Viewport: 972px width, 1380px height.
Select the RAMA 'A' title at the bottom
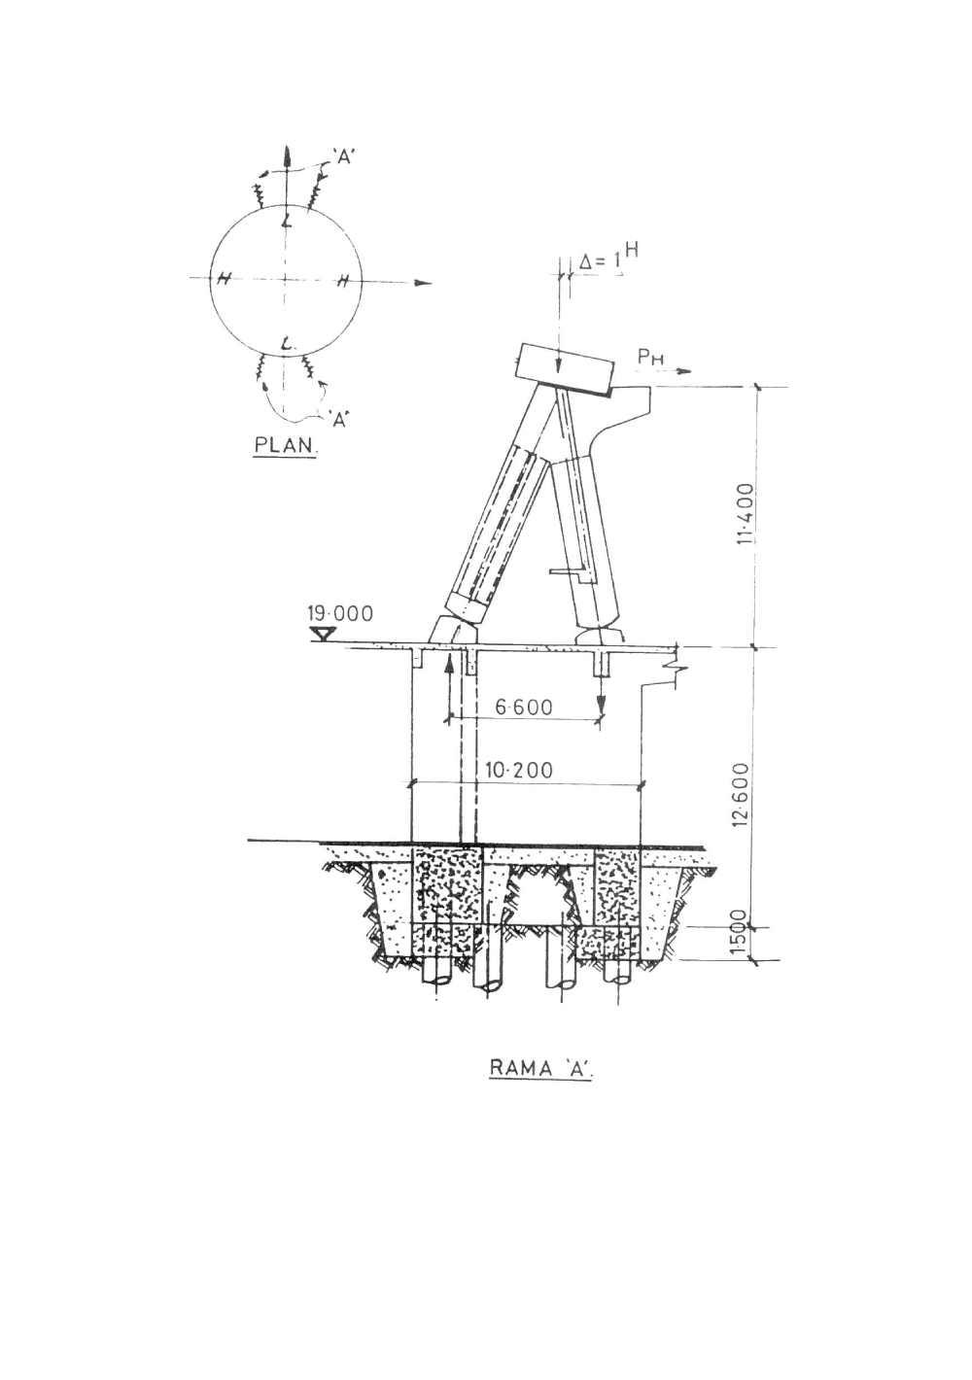(540, 1069)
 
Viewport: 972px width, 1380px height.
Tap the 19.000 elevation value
(340, 614)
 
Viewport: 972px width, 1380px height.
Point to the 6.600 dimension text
(524, 707)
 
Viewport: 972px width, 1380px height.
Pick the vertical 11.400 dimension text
(747, 514)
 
